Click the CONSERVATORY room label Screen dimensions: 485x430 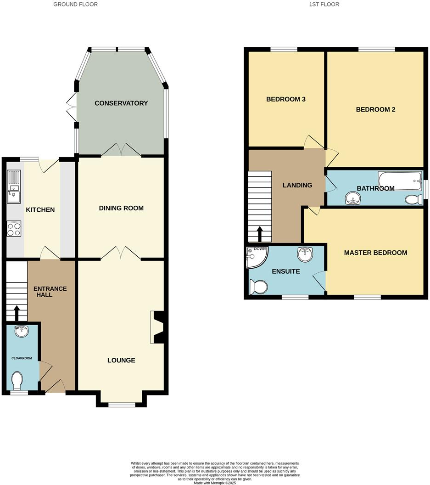[121, 103]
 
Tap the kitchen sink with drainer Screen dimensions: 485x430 [14, 186]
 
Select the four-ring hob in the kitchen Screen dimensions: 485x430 [14, 228]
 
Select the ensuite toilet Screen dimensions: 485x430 [258, 287]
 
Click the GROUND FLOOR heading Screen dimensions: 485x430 [75, 4]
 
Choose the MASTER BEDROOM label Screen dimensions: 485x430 [375, 253]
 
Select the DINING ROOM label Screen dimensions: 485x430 [121, 208]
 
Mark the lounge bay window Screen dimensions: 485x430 [122, 405]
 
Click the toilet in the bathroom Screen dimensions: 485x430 [414, 199]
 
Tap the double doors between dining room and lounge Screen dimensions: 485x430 [121, 253]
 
